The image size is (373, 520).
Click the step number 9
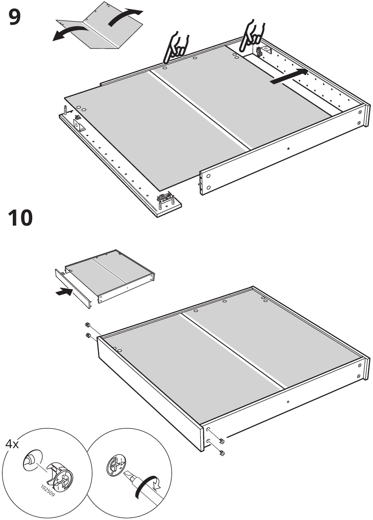(15, 17)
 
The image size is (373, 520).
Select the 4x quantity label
(12, 444)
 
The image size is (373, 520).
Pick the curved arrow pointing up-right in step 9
(124, 17)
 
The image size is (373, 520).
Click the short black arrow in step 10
(64, 291)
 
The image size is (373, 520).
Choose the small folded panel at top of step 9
(100, 25)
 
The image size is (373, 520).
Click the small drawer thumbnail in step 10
(105, 278)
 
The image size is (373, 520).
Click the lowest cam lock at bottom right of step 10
(222, 453)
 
